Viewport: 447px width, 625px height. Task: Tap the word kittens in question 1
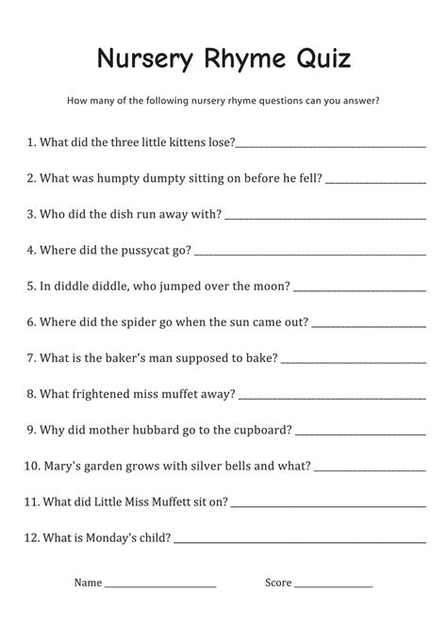[x=178, y=142]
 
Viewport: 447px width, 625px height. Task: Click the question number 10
[x=29, y=465]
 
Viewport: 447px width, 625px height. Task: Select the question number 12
[x=29, y=536]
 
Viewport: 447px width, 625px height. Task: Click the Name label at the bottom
[x=88, y=583]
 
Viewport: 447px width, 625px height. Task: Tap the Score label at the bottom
[x=278, y=583]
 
